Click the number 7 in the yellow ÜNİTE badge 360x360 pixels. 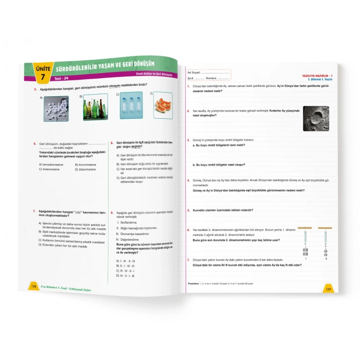point(43,77)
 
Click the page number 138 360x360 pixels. point(33,286)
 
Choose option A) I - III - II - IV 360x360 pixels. point(125,261)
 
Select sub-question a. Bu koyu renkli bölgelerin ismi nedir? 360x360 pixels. point(222,146)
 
